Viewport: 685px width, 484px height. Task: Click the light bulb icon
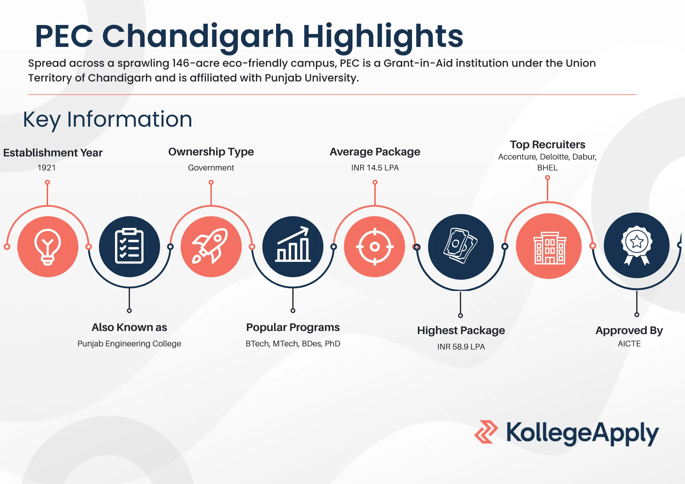click(x=48, y=247)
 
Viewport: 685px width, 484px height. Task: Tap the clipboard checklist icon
click(x=129, y=246)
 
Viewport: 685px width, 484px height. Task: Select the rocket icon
click(x=210, y=246)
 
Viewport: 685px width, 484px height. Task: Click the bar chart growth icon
click(x=293, y=244)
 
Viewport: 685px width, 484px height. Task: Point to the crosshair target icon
click(x=375, y=246)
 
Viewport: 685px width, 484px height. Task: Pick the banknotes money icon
click(x=461, y=246)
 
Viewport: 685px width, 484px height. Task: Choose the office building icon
click(x=550, y=248)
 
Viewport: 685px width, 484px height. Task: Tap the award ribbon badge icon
click(x=637, y=245)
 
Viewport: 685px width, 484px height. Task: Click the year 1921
click(x=47, y=168)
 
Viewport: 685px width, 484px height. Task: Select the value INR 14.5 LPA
click(x=375, y=168)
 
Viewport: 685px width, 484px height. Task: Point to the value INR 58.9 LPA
click(x=461, y=347)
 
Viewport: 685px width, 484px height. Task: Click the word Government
click(x=211, y=168)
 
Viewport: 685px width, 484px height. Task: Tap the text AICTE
click(x=629, y=344)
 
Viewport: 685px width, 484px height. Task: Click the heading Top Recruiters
click(x=547, y=144)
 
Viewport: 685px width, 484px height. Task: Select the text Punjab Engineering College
click(x=129, y=344)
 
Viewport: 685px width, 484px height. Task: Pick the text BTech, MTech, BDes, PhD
click(x=293, y=344)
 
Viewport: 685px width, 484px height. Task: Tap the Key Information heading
click(x=108, y=119)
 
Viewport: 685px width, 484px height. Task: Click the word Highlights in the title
click(x=383, y=36)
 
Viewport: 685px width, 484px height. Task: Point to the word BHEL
click(x=547, y=168)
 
